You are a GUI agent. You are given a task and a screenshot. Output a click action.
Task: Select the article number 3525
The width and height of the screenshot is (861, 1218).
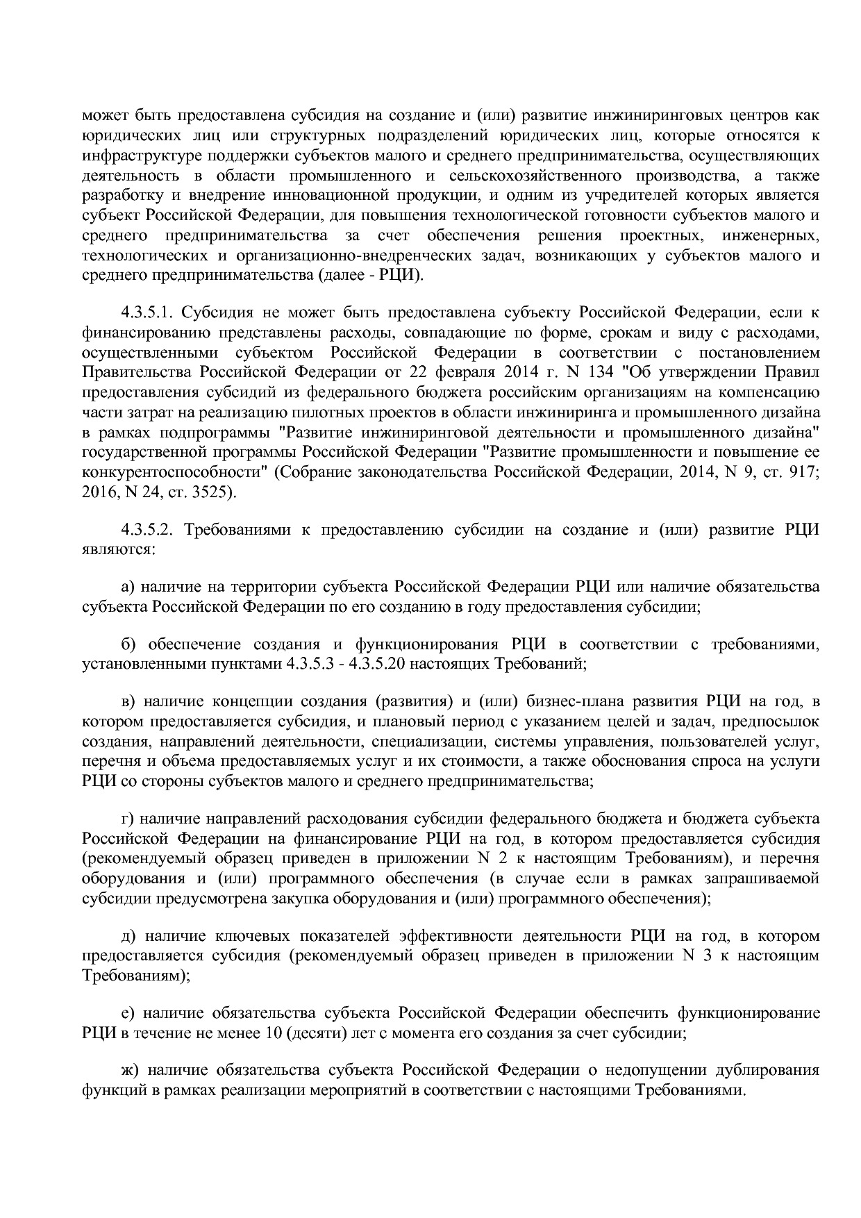[215, 493]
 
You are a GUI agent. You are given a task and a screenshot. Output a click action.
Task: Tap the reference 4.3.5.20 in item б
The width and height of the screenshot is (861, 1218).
[379, 664]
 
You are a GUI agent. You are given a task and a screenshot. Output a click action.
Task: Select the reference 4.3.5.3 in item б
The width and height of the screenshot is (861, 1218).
[310, 664]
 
